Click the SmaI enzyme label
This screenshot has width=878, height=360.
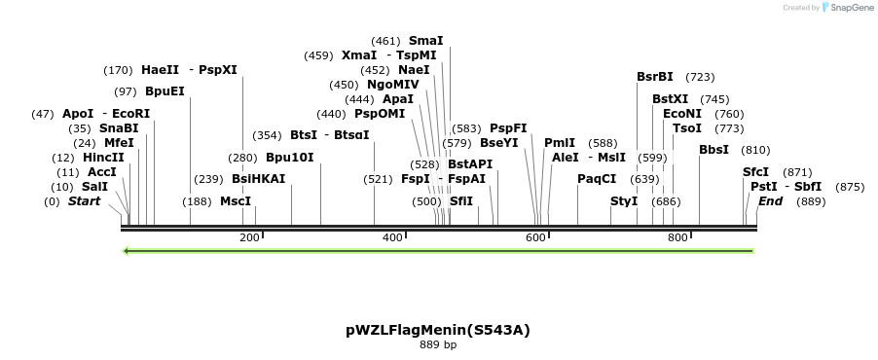coord(425,41)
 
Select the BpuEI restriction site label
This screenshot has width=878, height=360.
coord(165,91)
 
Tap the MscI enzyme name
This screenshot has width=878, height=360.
coord(236,201)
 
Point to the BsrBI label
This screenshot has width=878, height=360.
coord(655,77)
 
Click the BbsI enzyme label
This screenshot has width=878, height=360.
coord(713,150)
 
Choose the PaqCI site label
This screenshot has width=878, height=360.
coord(597,179)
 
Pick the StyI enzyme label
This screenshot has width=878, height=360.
coord(624,201)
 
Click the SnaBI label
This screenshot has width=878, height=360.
coord(119,128)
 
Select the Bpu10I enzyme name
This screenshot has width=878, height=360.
coord(290,158)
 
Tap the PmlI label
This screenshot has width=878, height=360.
coord(560,143)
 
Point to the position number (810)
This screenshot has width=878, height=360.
coord(755,150)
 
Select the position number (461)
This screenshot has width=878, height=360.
coord(385,41)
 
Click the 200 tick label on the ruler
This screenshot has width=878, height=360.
coord(249,237)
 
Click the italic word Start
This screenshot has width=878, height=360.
coord(84,201)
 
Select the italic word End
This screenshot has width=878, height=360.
coord(770,201)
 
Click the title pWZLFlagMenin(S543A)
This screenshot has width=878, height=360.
coord(438,330)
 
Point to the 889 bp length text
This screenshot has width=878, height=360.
coord(438,344)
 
